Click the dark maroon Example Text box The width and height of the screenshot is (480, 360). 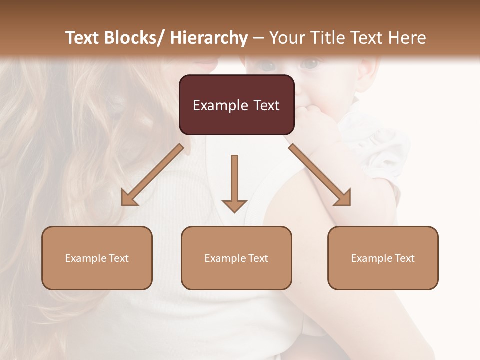coord(236,105)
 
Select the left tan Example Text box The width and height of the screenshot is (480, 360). coord(97,258)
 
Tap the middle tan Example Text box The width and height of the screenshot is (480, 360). coord(236,258)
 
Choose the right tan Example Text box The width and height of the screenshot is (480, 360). coord(383,258)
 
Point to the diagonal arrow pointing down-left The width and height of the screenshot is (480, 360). coord(152,175)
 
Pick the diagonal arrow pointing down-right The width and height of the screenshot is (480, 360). coord(320,175)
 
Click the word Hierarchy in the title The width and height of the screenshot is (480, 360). coord(209,38)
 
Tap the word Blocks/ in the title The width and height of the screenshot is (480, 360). coord(135,38)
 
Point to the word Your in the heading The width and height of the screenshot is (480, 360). coord(287,38)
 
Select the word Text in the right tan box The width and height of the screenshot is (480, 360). coord(404,258)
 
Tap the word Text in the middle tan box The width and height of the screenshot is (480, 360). coord(257,258)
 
